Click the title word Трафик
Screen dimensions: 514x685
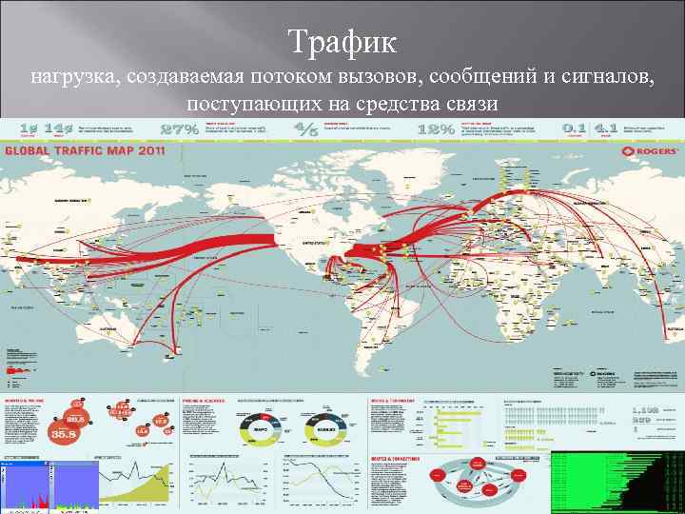click(342, 42)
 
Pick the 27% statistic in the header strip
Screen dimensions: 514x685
click(180, 128)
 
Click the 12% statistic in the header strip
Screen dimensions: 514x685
click(436, 128)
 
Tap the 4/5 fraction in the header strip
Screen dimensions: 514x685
click(307, 128)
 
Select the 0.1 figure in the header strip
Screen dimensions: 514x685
click(574, 128)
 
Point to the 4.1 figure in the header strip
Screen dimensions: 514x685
click(605, 128)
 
